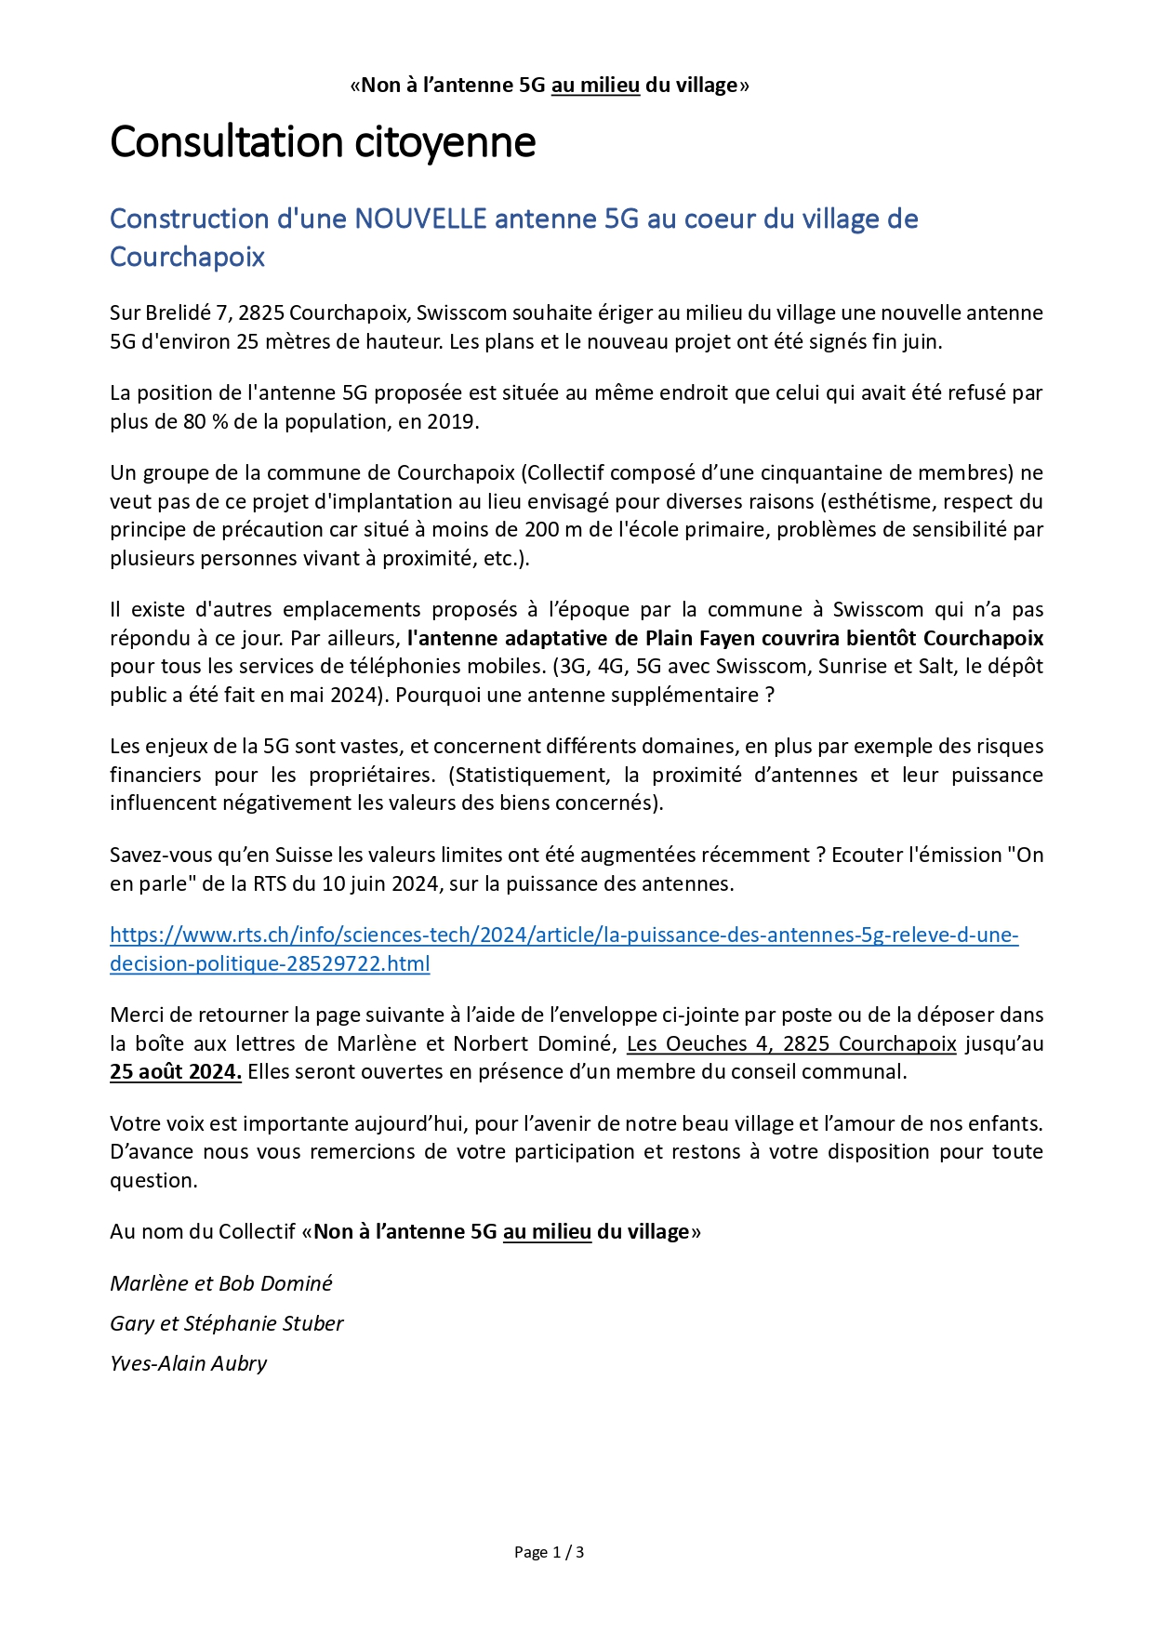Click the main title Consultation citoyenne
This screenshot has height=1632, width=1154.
click(323, 142)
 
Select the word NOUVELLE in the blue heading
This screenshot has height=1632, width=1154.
click(421, 219)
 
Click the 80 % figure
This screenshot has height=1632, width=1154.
click(206, 421)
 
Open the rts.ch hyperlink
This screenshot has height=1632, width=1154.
click(564, 935)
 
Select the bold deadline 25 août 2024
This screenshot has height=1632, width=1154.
click(175, 1071)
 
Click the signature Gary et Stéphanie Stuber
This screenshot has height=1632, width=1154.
click(227, 1323)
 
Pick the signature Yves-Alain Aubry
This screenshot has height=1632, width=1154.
click(189, 1363)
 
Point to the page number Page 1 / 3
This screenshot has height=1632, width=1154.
click(549, 1552)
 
